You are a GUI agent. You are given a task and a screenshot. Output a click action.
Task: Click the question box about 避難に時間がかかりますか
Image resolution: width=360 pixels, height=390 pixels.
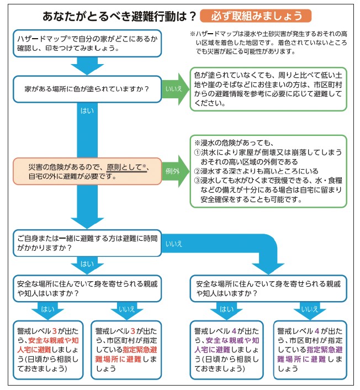click(87, 243)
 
